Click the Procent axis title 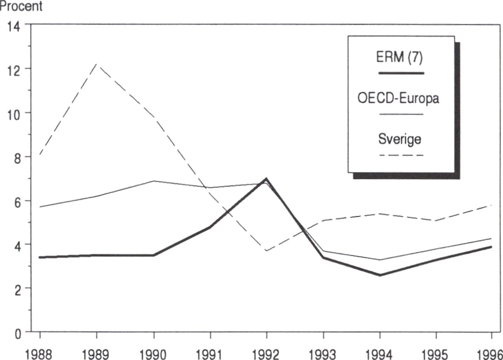pos(21,7)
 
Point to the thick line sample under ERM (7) pos(401,73)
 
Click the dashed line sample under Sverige pos(401,155)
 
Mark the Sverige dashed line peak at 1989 pos(97,65)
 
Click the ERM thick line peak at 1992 pos(266,179)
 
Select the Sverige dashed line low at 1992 pos(266,251)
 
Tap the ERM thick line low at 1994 pos(380,275)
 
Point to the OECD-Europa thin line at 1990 pos(154,181)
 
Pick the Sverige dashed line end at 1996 pos(491,205)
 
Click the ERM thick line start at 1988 pos(40,257)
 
